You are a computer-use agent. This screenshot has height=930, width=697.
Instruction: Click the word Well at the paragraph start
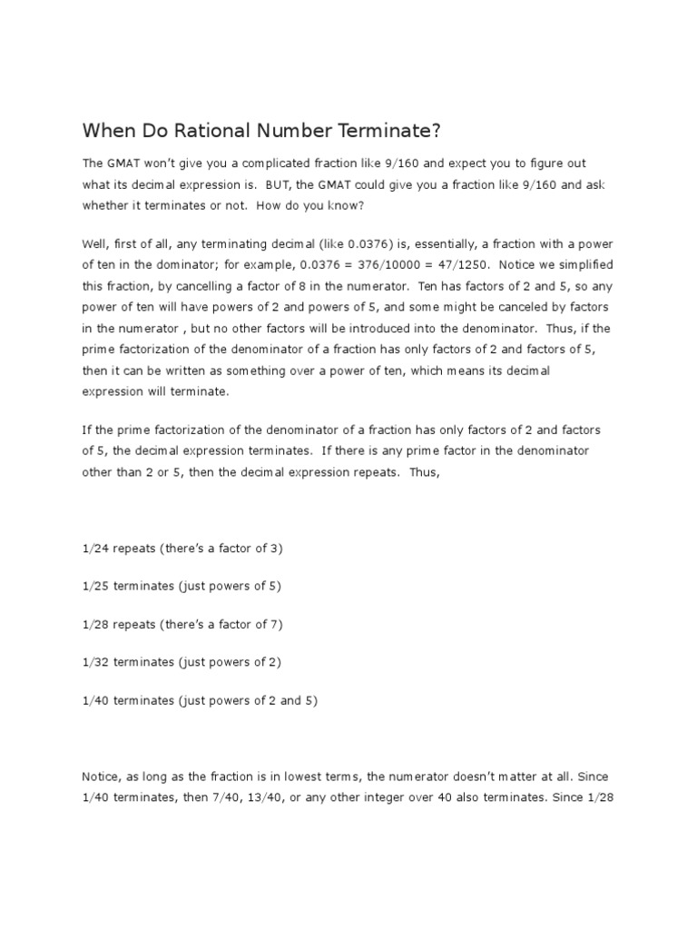point(96,242)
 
